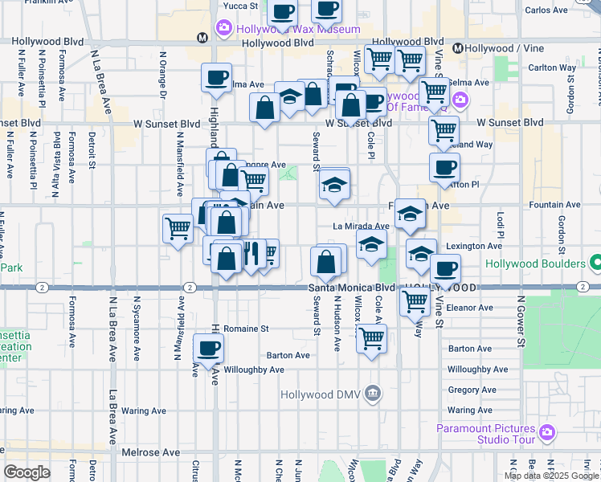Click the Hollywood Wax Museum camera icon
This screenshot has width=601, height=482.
click(x=223, y=29)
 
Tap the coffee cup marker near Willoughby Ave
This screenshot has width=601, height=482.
click(x=209, y=349)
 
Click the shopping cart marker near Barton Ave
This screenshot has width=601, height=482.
click(x=372, y=338)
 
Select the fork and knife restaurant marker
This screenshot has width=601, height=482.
click(x=251, y=254)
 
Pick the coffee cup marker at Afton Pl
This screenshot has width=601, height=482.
click(x=444, y=168)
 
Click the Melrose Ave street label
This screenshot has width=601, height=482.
click(x=151, y=452)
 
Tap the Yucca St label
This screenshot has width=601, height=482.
click(x=240, y=6)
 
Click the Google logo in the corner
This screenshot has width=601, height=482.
click(x=27, y=472)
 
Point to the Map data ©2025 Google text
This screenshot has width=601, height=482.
click(x=551, y=476)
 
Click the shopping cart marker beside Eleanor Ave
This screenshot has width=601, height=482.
click(x=415, y=302)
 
